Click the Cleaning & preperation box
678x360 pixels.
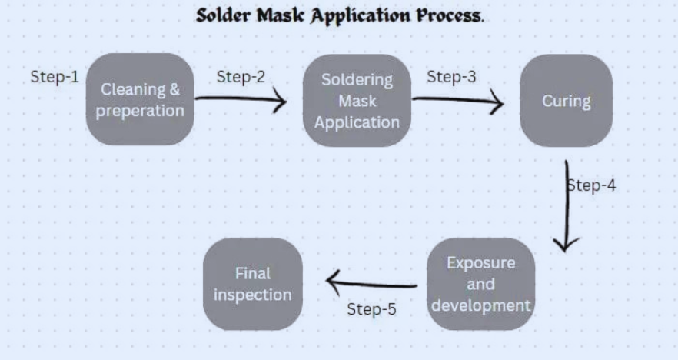coord(139,99)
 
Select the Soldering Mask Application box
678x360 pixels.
coord(357,100)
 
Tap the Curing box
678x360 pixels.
coord(566,101)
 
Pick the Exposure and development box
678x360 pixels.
coord(480,284)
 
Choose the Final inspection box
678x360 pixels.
coord(253,284)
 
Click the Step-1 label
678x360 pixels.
coord(55,77)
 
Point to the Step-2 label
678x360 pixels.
coord(241,76)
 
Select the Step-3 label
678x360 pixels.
coord(451,76)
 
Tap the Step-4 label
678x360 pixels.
coord(591,185)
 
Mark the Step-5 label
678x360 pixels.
coord(371,309)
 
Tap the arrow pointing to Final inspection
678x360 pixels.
coord(372,284)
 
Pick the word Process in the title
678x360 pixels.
coord(447,16)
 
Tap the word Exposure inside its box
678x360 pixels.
coord(480,262)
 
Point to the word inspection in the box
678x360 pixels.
coord(253,295)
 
